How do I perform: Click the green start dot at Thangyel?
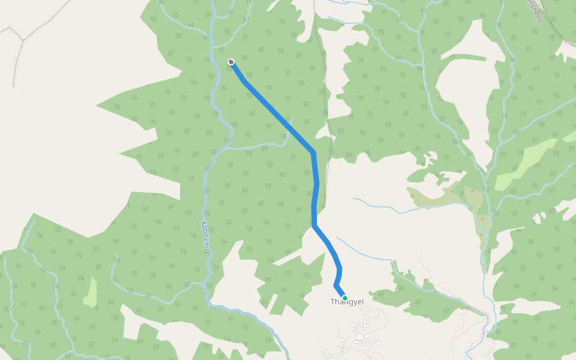[344, 298]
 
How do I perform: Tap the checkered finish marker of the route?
[231, 62]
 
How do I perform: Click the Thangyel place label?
[347, 302]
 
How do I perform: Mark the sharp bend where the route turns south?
[313, 152]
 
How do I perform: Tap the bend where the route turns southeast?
[314, 226]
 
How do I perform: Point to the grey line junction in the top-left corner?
[22, 41]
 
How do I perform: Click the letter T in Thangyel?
[332, 302]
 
